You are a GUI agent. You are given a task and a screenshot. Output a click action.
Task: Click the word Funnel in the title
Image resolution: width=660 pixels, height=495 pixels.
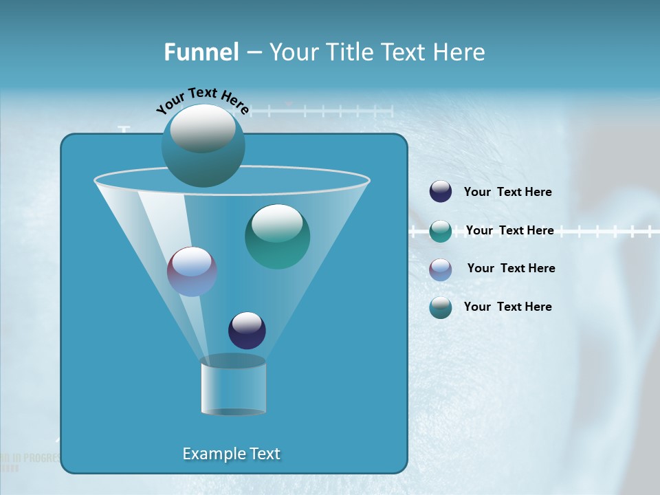[201, 52]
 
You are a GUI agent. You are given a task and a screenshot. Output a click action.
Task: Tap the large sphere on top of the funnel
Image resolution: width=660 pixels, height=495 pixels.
[203, 145]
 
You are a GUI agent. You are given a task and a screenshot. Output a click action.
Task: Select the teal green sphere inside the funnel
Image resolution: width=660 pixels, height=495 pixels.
[277, 236]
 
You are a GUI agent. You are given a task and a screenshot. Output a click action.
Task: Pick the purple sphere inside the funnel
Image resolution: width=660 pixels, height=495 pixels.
[192, 272]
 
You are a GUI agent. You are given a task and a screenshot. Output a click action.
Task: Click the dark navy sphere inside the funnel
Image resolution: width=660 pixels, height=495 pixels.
[247, 331]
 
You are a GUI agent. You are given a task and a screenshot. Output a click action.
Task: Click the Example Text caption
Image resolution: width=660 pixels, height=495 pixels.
[231, 454]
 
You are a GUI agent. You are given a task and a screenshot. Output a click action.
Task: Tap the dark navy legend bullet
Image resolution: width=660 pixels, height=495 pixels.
[441, 192]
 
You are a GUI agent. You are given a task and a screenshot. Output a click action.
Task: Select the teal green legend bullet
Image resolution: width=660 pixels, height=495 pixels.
[441, 231]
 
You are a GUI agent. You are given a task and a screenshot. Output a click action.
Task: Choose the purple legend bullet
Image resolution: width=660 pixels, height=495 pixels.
[441, 269]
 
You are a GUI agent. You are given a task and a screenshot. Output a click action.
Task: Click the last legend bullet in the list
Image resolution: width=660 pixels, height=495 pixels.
[441, 307]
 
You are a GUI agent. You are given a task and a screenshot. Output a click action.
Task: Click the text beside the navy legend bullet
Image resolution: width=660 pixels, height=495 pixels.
[507, 192]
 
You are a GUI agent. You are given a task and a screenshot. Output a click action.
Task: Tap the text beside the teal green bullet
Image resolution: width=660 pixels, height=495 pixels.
[509, 230]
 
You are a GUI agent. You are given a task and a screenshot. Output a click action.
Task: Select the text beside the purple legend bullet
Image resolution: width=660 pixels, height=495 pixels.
[511, 268]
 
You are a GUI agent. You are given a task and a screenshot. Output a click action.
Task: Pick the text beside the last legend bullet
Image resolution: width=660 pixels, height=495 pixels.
[507, 307]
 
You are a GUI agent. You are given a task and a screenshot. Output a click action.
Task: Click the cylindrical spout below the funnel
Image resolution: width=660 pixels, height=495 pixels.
[233, 386]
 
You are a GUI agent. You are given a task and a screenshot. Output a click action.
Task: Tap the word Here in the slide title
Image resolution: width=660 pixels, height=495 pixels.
[457, 52]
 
